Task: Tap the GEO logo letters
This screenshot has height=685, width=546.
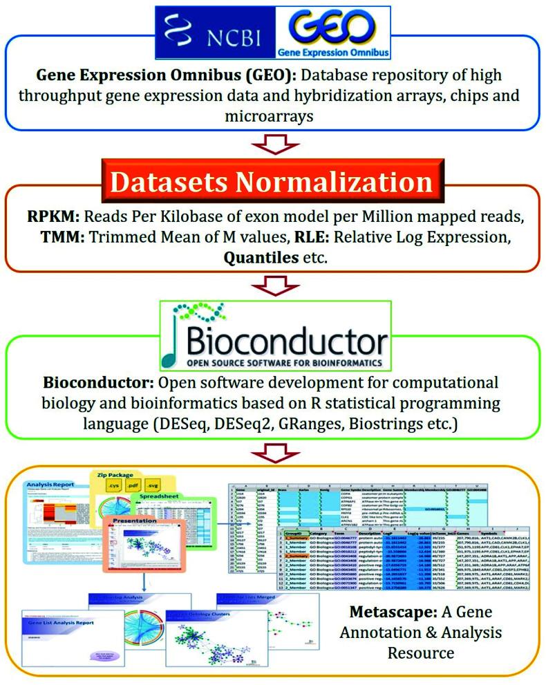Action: [x=338, y=26]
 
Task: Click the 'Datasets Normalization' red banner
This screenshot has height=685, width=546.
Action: [x=274, y=182]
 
